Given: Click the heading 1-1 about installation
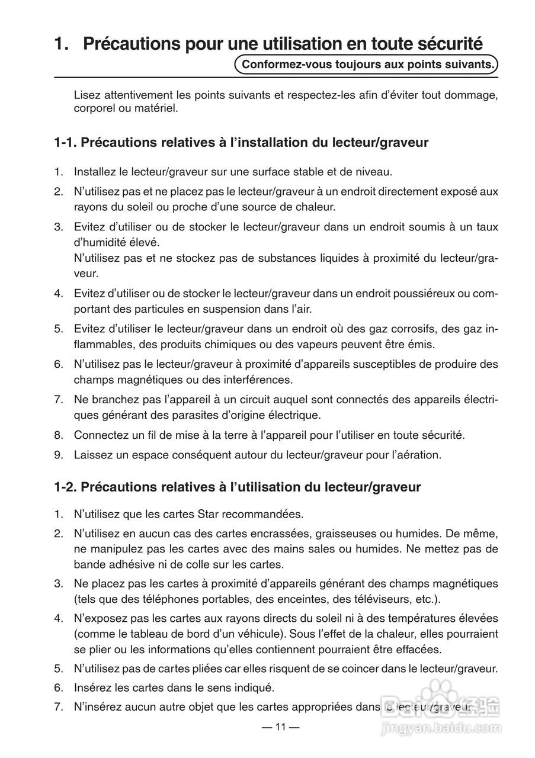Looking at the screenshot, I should point(241,143).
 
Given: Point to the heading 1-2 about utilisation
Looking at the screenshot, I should point(237,487).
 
